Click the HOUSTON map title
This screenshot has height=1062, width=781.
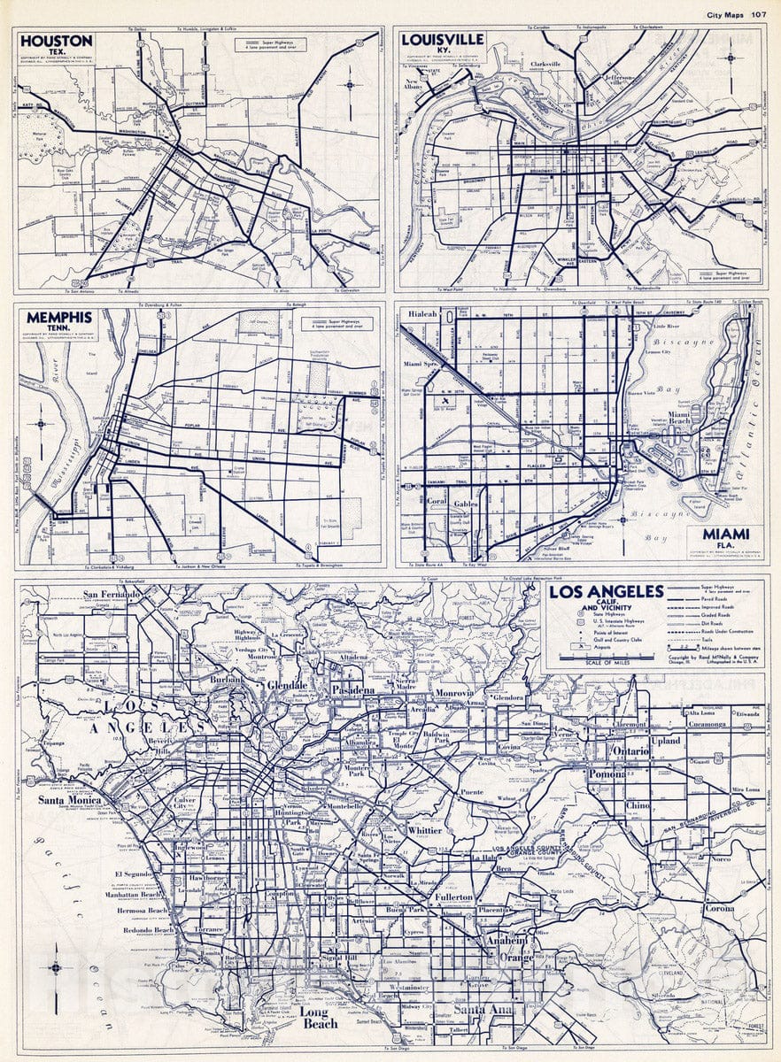coord(56,41)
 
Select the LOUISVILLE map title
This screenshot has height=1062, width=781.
coord(443,40)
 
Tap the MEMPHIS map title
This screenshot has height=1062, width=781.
coord(59,317)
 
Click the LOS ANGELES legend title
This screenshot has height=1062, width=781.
coord(606,591)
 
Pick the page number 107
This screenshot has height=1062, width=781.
coord(758,13)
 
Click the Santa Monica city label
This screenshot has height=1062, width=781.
coord(67,801)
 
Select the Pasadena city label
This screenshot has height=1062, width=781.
coord(355,689)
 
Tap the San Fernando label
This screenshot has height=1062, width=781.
coord(113,595)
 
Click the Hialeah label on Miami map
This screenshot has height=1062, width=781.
coord(422,313)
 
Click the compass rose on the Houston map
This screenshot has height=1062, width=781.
coord(350,85)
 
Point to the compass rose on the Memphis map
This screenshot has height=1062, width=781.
coord(40,423)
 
